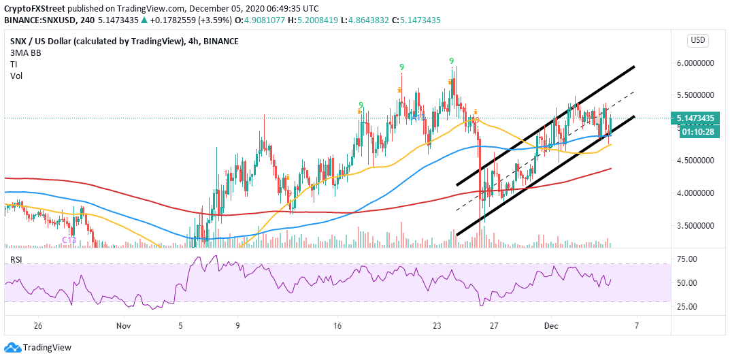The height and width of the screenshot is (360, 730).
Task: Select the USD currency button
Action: [x=697, y=40]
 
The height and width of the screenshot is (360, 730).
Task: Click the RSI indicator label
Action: [x=18, y=259]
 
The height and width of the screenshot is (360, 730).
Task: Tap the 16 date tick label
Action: [x=337, y=326]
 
